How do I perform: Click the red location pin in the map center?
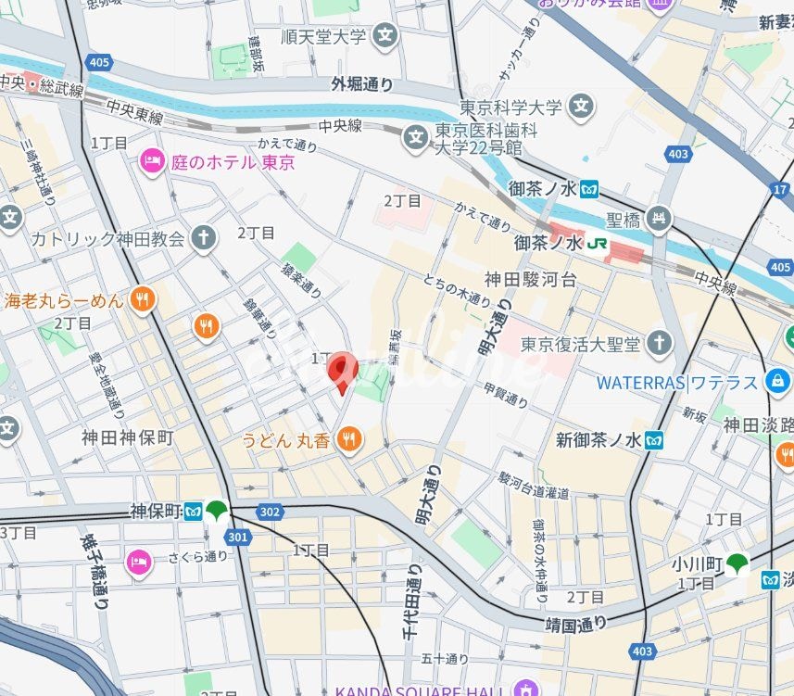pos(342,371)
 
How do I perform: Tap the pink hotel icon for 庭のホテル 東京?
pos(151,162)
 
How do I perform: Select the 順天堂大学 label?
pos(323,38)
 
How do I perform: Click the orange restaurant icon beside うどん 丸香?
pos(349,439)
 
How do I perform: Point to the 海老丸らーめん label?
pos(63,299)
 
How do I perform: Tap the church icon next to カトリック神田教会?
pos(204,238)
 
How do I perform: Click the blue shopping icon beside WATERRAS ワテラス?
pos(777,381)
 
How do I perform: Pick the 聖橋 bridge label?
pos(624,220)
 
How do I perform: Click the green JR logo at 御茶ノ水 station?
pos(598,243)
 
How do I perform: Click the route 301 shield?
pos(237,536)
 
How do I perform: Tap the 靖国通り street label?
pos(577,622)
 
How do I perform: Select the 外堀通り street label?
pos(362,84)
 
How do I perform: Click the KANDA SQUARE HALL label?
pos(420,690)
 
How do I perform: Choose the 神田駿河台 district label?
pos(531,278)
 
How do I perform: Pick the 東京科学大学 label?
pos(511,108)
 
